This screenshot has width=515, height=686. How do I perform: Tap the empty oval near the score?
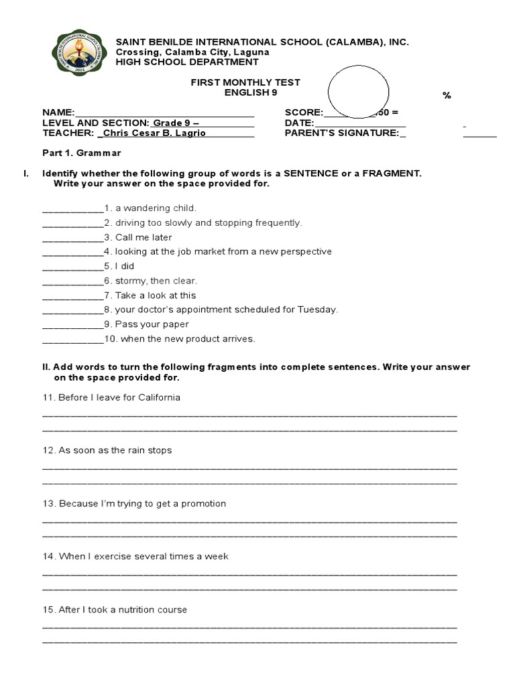[358, 92]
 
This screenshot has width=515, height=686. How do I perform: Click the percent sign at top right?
[447, 96]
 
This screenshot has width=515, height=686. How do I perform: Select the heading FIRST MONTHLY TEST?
[245, 82]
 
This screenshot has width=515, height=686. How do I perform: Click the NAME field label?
[58, 113]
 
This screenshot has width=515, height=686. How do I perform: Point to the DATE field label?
[298, 123]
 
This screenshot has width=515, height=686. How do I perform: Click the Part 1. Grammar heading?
[81, 153]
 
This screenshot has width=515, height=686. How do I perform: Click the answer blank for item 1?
[72, 209]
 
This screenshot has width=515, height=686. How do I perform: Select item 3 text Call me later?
[143, 237]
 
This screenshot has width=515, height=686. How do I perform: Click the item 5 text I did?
[125, 266]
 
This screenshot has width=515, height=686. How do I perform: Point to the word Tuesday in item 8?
[319, 310]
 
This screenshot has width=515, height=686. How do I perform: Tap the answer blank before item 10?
[72, 340]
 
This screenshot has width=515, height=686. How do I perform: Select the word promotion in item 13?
[203, 503]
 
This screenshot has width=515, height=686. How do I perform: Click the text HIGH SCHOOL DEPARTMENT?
[187, 62]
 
